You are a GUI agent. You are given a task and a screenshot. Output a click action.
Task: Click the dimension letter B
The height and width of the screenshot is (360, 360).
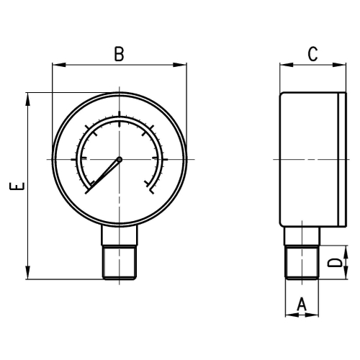(120, 53)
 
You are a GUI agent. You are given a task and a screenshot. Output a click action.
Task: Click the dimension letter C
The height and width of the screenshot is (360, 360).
(312, 53)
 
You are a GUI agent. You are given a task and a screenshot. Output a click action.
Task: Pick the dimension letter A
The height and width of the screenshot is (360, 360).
(302, 305)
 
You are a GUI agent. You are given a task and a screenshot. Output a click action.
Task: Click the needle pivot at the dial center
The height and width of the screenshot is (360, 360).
(120, 159)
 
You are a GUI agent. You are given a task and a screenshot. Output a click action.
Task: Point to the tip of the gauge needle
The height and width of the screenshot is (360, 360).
(87, 192)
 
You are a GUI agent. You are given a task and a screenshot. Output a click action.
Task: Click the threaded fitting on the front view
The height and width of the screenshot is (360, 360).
(120, 263)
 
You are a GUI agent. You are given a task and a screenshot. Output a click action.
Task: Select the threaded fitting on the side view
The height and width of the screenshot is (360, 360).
(302, 263)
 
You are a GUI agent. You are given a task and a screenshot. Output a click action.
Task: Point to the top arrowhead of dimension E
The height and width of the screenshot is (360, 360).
(28, 96)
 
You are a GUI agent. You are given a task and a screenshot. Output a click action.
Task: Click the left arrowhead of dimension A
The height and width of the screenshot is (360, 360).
(289, 315)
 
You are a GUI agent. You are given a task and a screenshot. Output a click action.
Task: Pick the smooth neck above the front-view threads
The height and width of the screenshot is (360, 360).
(120, 235)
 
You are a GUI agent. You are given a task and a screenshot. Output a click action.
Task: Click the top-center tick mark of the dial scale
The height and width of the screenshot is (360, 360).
(120, 117)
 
